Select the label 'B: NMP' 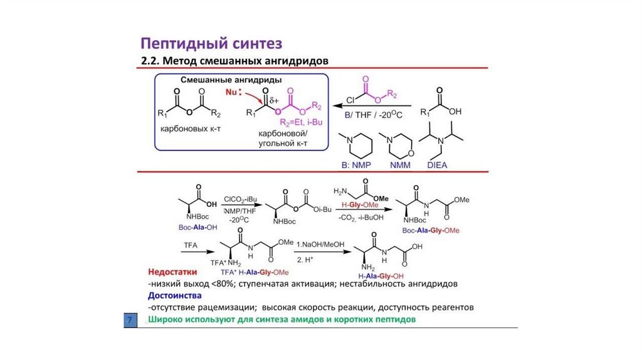pos(355,165)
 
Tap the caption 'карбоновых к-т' pos(188,127)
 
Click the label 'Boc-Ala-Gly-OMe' pos(431,230)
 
